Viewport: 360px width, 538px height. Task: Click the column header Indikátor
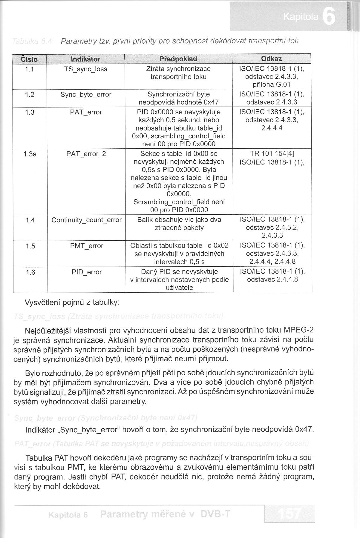point(85,59)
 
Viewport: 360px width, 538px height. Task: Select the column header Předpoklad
point(178,59)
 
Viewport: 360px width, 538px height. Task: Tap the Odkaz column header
point(271,59)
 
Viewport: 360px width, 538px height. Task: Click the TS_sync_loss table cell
point(86,69)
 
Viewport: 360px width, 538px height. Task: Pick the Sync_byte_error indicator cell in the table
point(86,94)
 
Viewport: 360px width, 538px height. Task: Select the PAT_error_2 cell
point(86,154)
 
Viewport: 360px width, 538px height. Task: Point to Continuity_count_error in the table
point(86,220)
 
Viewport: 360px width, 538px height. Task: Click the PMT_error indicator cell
point(87,246)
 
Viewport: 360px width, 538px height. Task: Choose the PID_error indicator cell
point(87,272)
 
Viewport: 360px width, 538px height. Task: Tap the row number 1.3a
point(30,154)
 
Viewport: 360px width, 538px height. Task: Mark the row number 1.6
point(30,272)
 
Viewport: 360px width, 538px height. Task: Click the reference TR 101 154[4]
point(272,154)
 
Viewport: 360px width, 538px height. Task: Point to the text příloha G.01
point(272,84)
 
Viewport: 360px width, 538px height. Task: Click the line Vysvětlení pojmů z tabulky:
point(72,302)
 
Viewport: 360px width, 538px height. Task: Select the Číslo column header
point(30,59)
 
